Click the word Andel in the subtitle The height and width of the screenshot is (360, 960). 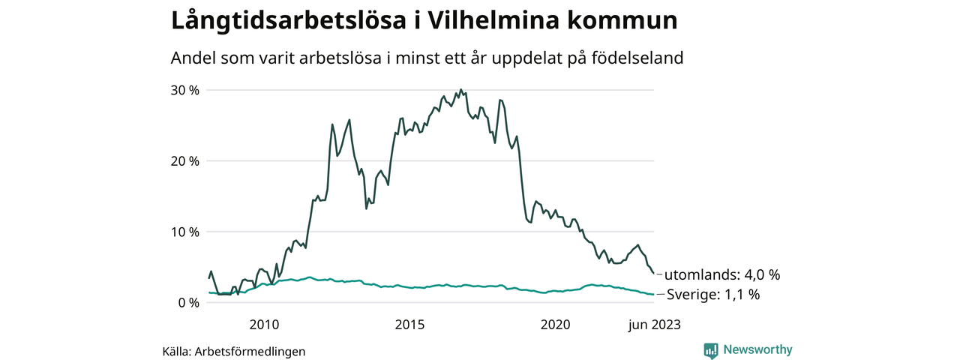[x=193, y=58]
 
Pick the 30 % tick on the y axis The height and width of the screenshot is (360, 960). [x=185, y=90]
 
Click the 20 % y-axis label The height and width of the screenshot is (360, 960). [x=185, y=160]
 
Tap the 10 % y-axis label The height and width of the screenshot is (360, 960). [x=185, y=232]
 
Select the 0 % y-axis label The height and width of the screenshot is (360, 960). [x=188, y=302]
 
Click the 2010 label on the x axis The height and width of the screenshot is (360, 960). [x=264, y=325]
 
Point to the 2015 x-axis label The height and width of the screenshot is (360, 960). [x=409, y=325]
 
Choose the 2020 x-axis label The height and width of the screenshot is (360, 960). [x=556, y=325]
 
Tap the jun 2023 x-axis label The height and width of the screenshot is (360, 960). [x=654, y=325]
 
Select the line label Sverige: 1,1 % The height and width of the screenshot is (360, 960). [x=713, y=295]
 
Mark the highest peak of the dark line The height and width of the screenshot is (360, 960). [x=460, y=90]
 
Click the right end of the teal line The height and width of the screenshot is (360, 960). [x=653, y=295]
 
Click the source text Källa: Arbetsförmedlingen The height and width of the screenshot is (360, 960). [x=234, y=351]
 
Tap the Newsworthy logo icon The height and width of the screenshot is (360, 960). [x=711, y=350]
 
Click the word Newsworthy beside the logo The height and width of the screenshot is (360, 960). [x=757, y=349]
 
